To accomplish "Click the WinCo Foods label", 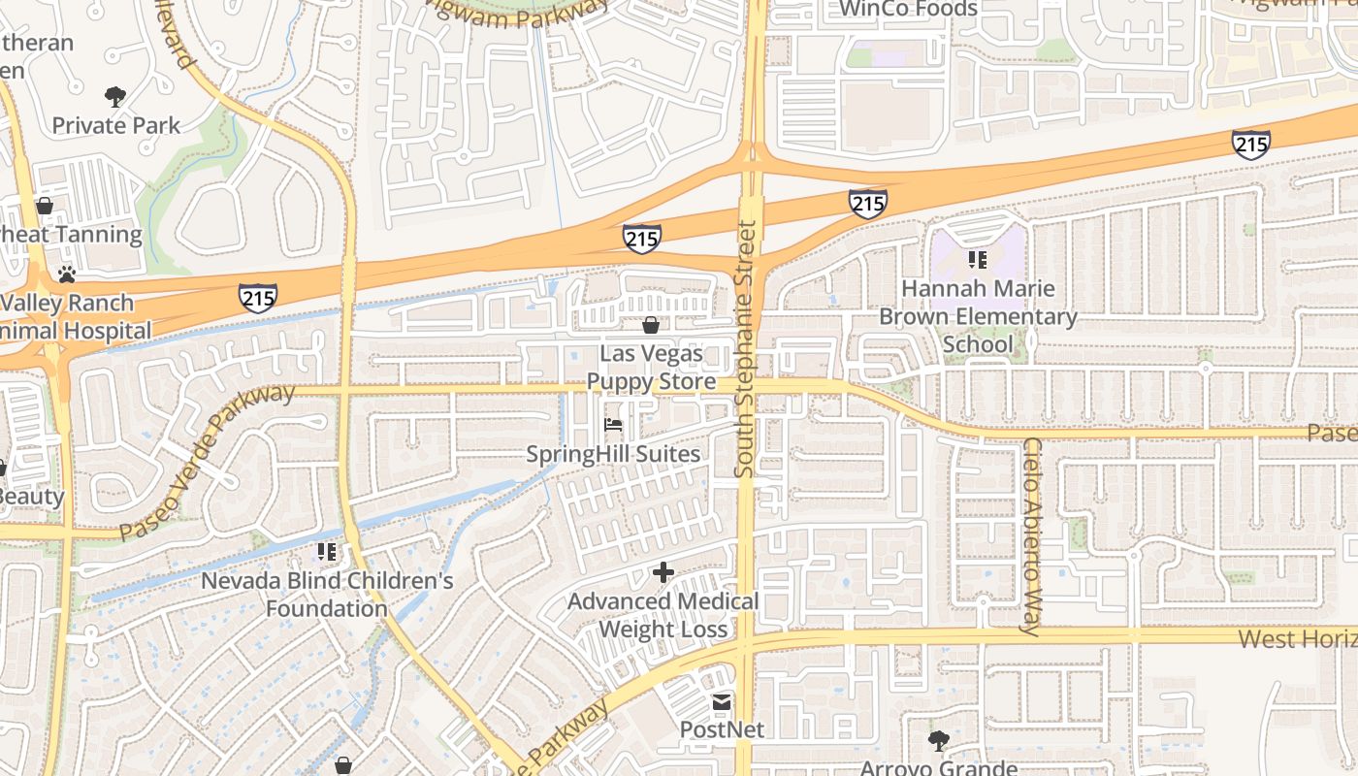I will click(908, 9).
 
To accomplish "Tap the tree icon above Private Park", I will click(115, 96).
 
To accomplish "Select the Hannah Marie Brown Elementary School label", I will click(978, 316).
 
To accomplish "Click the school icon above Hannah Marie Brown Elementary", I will click(977, 259).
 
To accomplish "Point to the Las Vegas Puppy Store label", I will click(651, 368).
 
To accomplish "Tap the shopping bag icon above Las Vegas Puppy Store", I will click(650, 324).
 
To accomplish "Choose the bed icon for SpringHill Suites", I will click(613, 424).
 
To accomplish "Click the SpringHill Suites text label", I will click(613, 454).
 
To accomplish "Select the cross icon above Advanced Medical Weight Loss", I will click(663, 572).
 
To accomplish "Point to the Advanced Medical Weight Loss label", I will click(663, 615).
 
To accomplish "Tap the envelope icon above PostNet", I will click(722, 701).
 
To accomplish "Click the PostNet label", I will click(722, 729).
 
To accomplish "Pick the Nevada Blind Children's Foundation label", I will click(327, 595).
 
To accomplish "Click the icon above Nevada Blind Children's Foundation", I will click(326, 551).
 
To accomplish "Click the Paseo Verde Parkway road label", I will click(207, 462).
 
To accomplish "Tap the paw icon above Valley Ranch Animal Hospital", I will click(66, 275).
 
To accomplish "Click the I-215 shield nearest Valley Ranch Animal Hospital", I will click(258, 297).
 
